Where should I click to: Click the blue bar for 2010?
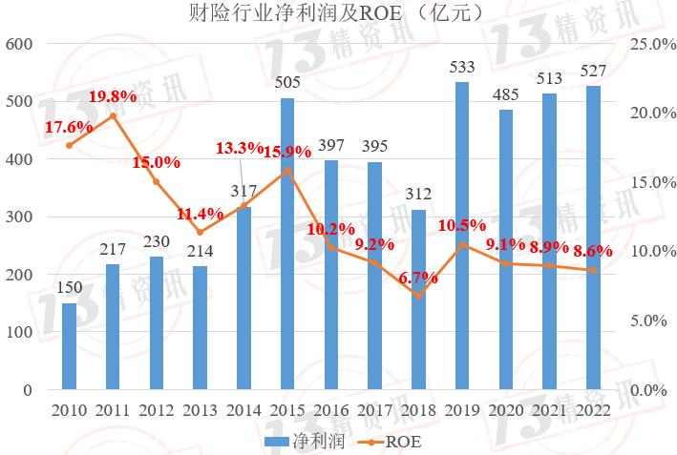[69, 346]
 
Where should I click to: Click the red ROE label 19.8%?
[113, 97]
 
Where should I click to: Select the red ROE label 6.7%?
[417, 279]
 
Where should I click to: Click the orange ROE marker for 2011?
[113, 115]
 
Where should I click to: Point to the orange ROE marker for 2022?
[593, 270]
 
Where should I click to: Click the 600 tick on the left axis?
[21, 44]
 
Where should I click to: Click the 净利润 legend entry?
[295, 442]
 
